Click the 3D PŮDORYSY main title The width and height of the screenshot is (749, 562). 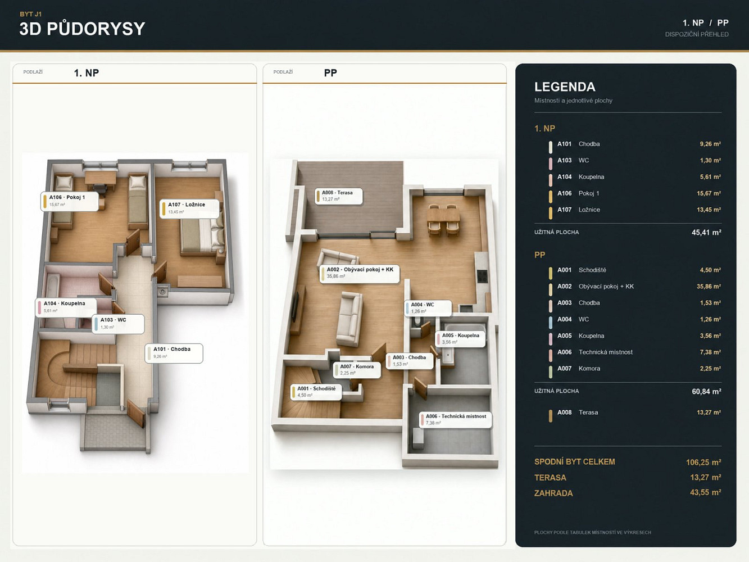click(82, 29)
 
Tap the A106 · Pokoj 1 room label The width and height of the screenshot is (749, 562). click(70, 201)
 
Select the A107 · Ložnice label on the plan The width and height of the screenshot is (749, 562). click(189, 209)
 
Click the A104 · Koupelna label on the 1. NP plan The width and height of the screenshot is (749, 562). click(66, 307)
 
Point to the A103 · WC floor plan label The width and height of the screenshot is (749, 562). click(118, 324)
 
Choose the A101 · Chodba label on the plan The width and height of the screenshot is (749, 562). click(174, 353)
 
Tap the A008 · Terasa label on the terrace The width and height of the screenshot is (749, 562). click(338, 196)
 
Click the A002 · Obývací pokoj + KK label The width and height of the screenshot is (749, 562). click(360, 273)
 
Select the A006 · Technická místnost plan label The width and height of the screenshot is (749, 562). click(456, 420)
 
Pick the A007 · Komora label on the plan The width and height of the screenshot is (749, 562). click(357, 370)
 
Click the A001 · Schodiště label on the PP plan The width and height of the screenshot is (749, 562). click(316, 392)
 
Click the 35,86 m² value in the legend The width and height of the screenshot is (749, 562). click(709, 287)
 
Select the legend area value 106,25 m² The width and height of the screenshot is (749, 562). click(703, 463)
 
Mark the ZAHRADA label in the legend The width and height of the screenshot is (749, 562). click(553, 493)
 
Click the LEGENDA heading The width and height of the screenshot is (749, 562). click(565, 87)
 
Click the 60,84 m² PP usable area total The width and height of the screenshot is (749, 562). click(706, 391)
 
